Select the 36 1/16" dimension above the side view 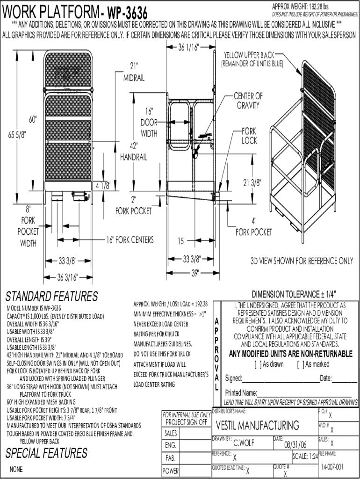(189, 47)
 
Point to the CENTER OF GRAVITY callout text (248, 101)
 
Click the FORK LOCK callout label (249, 136)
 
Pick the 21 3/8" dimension (252, 182)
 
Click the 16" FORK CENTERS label (130, 240)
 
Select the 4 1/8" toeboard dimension (103, 186)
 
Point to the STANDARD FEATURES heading (51, 297)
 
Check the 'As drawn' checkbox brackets (257, 364)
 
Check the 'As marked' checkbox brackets (300, 364)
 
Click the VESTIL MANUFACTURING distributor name (258, 425)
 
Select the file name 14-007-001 (332, 467)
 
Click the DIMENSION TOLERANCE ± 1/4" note (294, 294)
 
